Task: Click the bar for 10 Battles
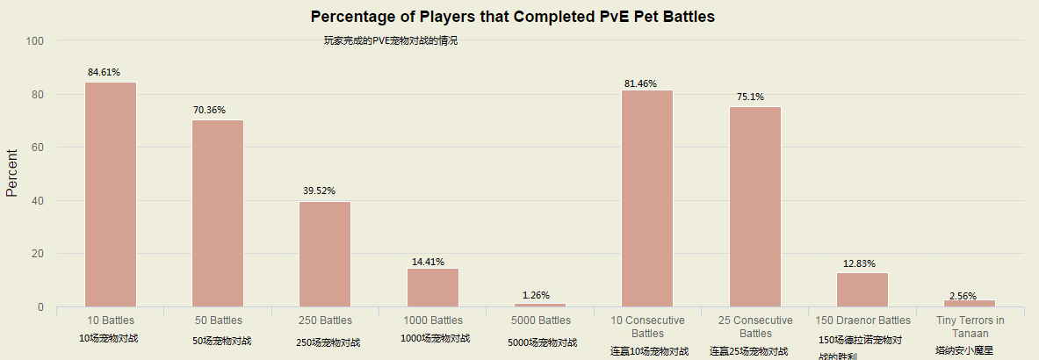click(111, 194)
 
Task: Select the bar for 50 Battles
click(218, 213)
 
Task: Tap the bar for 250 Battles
click(325, 254)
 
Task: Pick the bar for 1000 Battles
click(432, 287)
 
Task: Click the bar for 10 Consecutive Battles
click(647, 198)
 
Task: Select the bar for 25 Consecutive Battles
click(754, 206)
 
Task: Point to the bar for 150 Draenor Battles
click(862, 289)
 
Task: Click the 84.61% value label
click(104, 72)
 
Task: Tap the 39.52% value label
click(319, 191)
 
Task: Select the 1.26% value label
click(536, 295)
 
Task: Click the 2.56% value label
click(963, 296)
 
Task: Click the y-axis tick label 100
click(35, 40)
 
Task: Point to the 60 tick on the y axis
click(38, 148)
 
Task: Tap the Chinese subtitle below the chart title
click(391, 40)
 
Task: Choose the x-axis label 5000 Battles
click(540, 320)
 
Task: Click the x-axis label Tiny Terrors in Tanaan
click(970, 327)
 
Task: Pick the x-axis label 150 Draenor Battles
click(862, 320)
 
